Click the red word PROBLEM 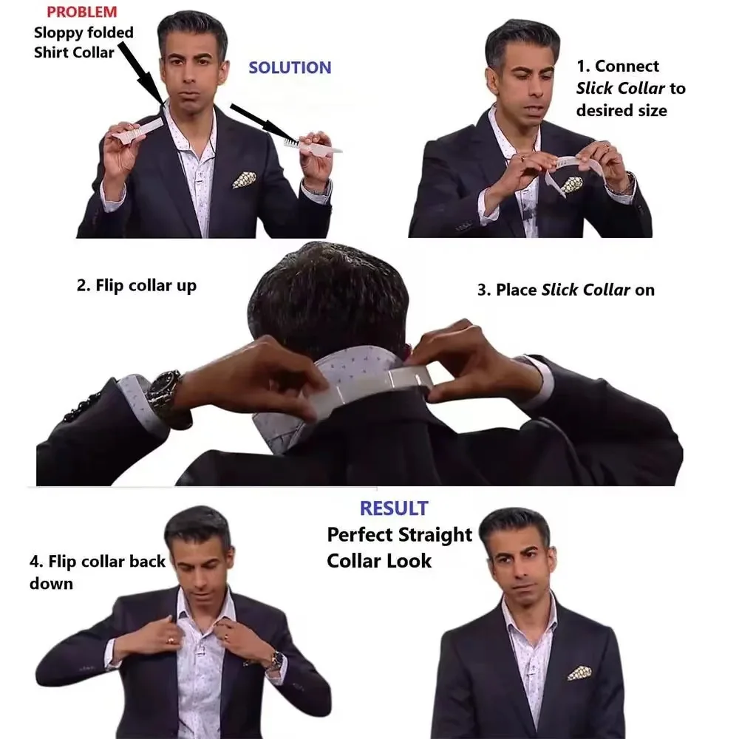pyautogui.click(x=81, y=13)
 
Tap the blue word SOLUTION pyautogui.click(x=290, y=68)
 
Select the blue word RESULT pyautogui.click(x=394, y=508)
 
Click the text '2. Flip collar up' pyautogui.click(x=137, y=286)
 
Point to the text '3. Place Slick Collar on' pyautogui.click(x=565, y=290)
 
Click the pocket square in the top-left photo pyautogui.click(x=244, y=180)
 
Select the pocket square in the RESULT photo pyautogui.click(x=579, y=672)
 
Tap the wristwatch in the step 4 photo pyautogui.click(x=275, y=660)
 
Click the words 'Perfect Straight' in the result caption pyautogui.click(x=399, y=534)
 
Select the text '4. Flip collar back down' pyautogui.click(x=96, y=572)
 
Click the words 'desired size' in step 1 pyautogui.click(x=621, y=111)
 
